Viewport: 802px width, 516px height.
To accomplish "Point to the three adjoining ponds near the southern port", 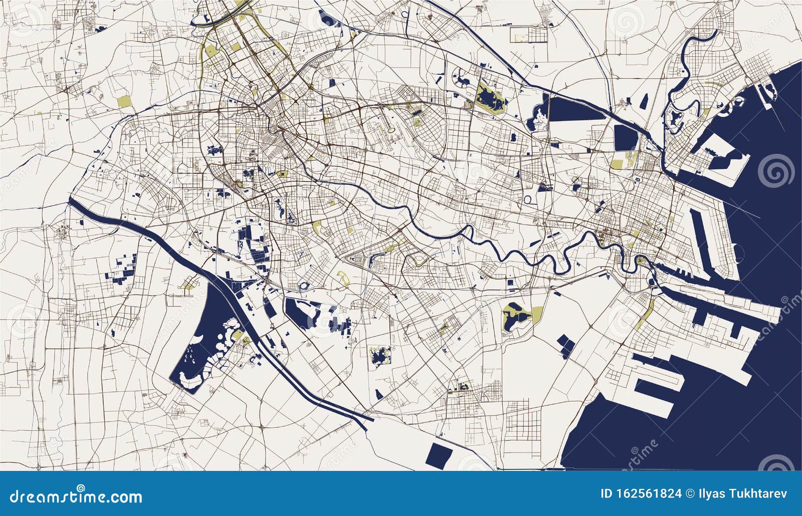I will [x=566, y=346].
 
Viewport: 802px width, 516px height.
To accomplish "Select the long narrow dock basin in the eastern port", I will [x=702, y=235].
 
